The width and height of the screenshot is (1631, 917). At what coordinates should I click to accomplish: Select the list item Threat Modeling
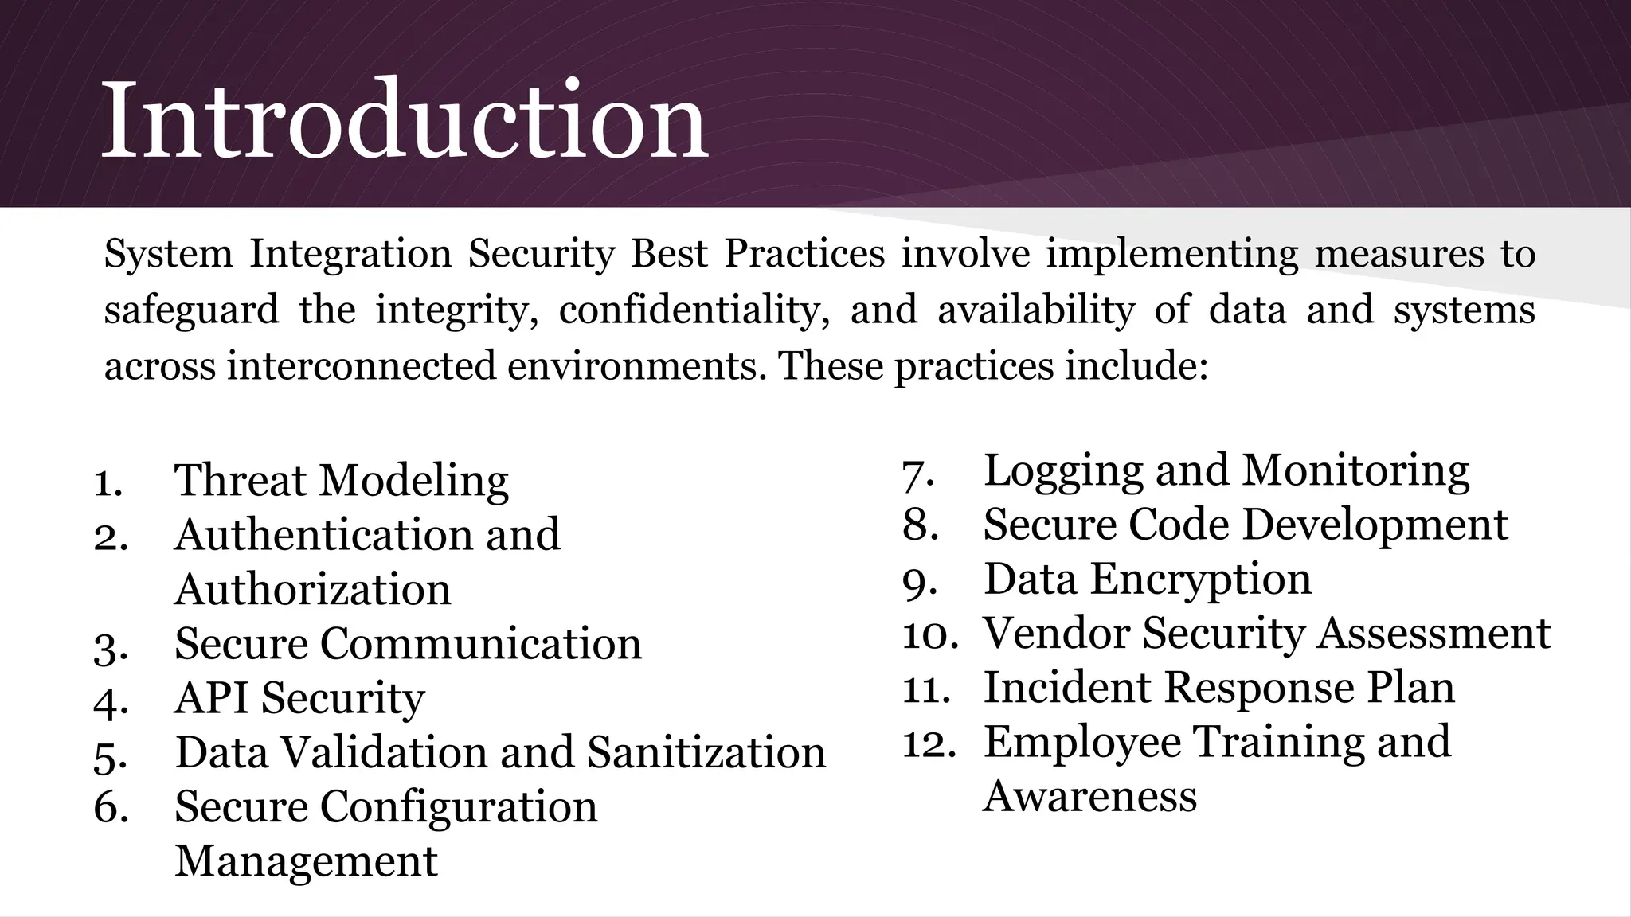(341, 481)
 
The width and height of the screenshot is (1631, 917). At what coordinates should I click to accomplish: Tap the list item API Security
(299, 698)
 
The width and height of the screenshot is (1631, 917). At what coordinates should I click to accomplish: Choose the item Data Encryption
(1147, 579)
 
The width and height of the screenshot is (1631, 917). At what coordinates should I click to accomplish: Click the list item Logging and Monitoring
(1226, 470)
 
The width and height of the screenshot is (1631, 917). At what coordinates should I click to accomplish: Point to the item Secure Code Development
(1245, 525)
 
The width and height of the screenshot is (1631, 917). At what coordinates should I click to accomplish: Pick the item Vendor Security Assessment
(1266, 634)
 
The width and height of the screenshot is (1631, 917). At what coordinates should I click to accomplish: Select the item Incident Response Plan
(1218, 688)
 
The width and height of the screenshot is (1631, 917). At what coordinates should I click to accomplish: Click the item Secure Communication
(408, 644)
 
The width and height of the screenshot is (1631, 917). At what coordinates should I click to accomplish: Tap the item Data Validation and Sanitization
(500, 752)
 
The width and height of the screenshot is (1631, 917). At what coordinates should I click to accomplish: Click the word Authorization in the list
(312, 590)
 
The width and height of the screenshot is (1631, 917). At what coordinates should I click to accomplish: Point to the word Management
(306, 861)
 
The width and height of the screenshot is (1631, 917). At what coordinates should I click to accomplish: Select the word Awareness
(1089, 796)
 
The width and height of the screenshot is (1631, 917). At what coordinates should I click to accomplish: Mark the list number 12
(929, 743)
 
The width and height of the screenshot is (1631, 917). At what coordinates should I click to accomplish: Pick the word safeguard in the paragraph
(191, 310)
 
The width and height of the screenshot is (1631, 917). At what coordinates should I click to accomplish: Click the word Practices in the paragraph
(804, 254)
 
